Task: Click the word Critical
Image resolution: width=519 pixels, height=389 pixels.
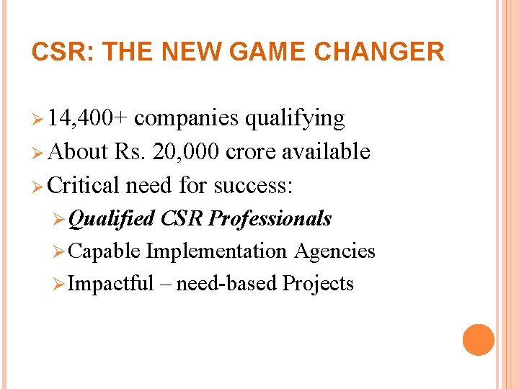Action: pos(84,185)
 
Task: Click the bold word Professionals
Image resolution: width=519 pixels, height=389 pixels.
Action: pos(270,218)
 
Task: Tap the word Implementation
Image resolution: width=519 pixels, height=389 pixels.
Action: pos(216,251)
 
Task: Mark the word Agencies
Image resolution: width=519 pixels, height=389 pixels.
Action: pos(334,251)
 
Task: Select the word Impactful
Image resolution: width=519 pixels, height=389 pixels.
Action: pos(110,283)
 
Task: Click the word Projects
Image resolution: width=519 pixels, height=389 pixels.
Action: pos(318,284)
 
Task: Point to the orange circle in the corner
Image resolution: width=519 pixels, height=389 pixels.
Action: pos(478,340)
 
